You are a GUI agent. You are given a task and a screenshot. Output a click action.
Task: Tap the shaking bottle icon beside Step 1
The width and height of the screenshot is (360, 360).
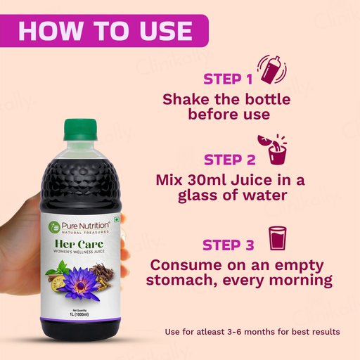click(272, 70)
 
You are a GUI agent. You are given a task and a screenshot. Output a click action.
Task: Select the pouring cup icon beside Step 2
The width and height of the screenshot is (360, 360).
click(272, 149)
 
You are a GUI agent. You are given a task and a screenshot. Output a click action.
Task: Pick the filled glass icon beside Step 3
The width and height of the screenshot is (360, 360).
click(277, 238)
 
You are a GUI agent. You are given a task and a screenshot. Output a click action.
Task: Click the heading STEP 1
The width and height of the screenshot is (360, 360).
click(228, 79)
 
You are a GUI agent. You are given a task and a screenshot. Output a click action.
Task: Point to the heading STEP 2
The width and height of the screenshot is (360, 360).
click(229, 160)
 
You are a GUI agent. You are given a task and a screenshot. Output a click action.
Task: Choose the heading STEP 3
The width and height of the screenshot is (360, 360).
click(229, 245)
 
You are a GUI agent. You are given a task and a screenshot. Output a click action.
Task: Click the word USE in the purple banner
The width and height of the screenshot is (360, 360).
click(166, 31)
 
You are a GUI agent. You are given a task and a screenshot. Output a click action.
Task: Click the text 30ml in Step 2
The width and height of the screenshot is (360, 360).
click(206, 180)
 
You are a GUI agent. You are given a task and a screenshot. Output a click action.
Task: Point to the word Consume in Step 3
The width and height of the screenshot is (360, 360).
click(186, 265)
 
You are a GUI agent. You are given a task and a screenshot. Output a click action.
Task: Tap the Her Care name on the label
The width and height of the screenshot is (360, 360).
click(79, 244)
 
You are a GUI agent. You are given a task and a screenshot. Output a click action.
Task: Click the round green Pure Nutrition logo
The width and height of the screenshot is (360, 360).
click(54, 227)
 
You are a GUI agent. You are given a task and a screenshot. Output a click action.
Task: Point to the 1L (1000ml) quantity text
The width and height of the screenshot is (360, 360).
click(79, 314)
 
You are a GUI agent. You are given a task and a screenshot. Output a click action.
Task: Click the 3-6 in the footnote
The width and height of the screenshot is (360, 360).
click(235, 332)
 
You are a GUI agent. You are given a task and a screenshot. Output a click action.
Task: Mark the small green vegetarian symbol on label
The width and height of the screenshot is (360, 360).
click(116, 219)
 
